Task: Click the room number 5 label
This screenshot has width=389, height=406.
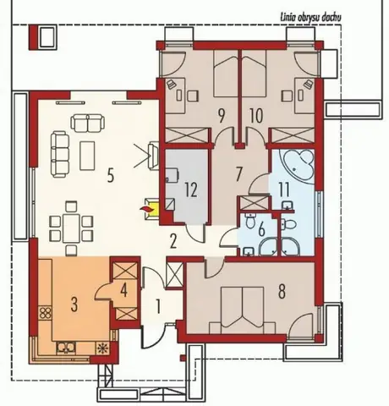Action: point(111,176)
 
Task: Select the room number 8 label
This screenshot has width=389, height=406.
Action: point(282,291)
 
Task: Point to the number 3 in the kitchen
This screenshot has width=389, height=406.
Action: point(74,304)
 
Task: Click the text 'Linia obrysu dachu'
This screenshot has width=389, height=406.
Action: point(311,18)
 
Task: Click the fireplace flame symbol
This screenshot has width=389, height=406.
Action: point(146,209)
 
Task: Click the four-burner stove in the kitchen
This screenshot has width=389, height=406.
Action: point(45,312)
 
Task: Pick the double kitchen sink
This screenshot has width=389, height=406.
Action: point(66,348)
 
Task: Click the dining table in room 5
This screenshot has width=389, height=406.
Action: point(71,228)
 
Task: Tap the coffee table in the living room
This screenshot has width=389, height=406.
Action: point(87,156)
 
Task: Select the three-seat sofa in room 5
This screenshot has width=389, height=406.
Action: point(60,155)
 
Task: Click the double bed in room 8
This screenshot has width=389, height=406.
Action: point(243,310)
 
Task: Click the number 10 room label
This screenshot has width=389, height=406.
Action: point(256,116)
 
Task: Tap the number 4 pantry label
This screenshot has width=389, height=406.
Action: point(123,290)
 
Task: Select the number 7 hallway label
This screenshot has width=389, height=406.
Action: point(238,174)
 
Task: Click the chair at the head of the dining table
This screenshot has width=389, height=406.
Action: point(71,206)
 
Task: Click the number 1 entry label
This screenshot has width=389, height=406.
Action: point(158,307)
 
